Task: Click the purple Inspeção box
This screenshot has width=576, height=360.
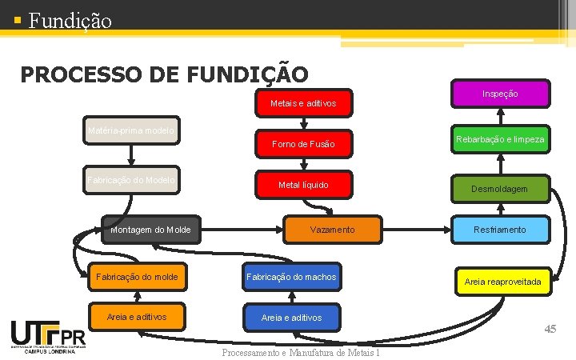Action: click(500, 94)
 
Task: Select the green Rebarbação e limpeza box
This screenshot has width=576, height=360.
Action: click(500, 140)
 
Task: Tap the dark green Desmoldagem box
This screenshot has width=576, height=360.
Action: click(500, 189)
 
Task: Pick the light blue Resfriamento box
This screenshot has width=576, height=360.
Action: click(500, 230)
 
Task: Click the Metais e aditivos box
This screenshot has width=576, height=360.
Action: click(302, 103)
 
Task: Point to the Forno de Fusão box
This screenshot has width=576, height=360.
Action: click(302, 144)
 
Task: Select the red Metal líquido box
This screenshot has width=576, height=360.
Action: click(302, 185)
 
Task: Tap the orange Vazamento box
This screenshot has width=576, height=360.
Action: click(332, 230)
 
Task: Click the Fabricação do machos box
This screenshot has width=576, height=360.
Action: click(291, 277)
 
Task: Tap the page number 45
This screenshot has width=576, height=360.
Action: click(550, 330)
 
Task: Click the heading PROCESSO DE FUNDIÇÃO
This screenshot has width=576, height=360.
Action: click(164, 74)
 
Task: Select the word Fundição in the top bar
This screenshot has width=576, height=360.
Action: click(70, 19)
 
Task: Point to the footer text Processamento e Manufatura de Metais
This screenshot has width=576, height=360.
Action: click(300, 353)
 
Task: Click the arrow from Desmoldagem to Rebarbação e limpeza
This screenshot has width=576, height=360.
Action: click(500, 162)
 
